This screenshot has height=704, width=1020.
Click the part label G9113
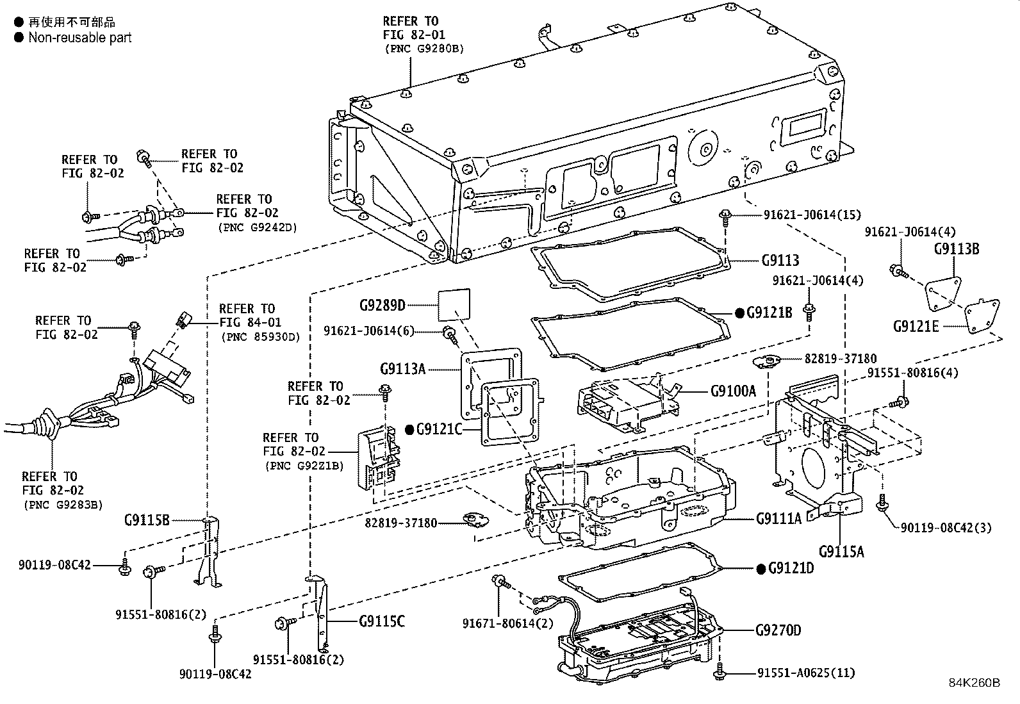click(780, 261)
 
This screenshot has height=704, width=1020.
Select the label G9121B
click(769, 313)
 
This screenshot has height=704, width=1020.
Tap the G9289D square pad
click(454, 304)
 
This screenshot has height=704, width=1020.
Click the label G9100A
click(733, 390)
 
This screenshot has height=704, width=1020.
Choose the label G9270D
click(778, 630)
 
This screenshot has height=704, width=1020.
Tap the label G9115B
click(147, 520)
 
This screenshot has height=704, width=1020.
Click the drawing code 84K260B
click(974, 683)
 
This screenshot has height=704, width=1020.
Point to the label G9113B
click(956, 249)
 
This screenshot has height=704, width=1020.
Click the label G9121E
click(916, 326)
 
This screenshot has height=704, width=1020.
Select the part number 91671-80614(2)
click(508, 623)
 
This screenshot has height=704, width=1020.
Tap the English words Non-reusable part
click(79, 38)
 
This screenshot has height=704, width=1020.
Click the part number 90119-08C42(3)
click(946, 528)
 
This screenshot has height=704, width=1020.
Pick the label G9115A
click(841, 551)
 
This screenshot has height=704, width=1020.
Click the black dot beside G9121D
click(761, 569)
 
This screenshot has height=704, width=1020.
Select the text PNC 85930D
click(259, 336)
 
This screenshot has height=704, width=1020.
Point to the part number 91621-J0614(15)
click(812, 215)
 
